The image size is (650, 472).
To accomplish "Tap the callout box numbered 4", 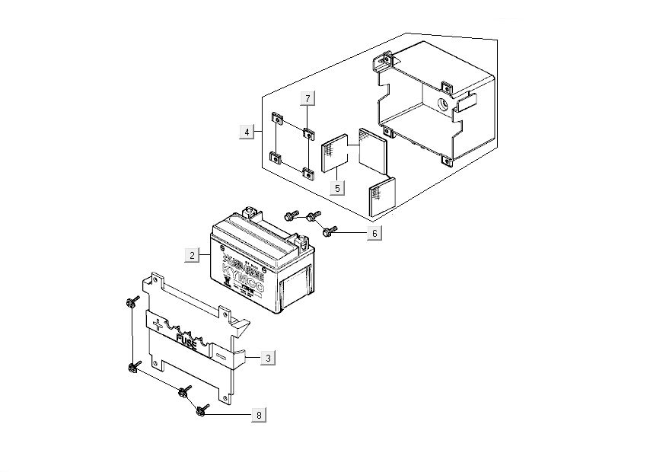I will click(x=246, y=132).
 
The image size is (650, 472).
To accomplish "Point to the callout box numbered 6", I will click(x=373, y=233).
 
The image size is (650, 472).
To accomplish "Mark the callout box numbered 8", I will click(x=259, y=415).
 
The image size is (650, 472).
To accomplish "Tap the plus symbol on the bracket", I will click(x=158, y=325).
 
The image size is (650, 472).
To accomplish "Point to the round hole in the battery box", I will click(x=441, y=103).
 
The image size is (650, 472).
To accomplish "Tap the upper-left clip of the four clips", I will click(x=276, y=118).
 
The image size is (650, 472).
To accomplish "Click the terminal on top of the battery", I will click(x=252, y=212).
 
